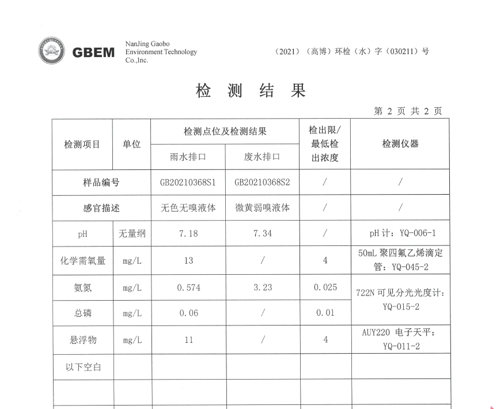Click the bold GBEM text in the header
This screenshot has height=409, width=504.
click(x=94, y=52)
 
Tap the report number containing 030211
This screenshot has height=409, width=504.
click(x=353, y=51)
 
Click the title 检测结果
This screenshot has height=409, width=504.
click(x=251, y=91)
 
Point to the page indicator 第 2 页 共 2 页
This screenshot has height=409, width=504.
click(x=408, y=111)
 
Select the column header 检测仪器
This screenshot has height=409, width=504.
click(x=400, y=144)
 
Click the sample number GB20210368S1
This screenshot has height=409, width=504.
click(x=188, y=183)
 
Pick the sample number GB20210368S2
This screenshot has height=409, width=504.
click(x=262, y=183)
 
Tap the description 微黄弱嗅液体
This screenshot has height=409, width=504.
click(x=262, y=208)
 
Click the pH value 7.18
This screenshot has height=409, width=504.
click(x=188, y=233)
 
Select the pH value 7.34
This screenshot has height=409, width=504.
click(x=262, y=233)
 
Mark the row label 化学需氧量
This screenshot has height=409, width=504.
click(x=83, y=260)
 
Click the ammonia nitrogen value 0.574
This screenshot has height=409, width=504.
click(x=188, y=287)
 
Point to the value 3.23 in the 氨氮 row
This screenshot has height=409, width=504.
click(x=262, y=287)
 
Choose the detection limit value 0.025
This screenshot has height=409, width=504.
click(x=325, y=287)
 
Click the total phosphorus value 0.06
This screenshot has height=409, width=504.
click(x=188, y=313)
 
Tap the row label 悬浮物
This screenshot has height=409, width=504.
click(x=83, y=340)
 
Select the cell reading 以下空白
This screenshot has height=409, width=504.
click(x=83, y=366)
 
